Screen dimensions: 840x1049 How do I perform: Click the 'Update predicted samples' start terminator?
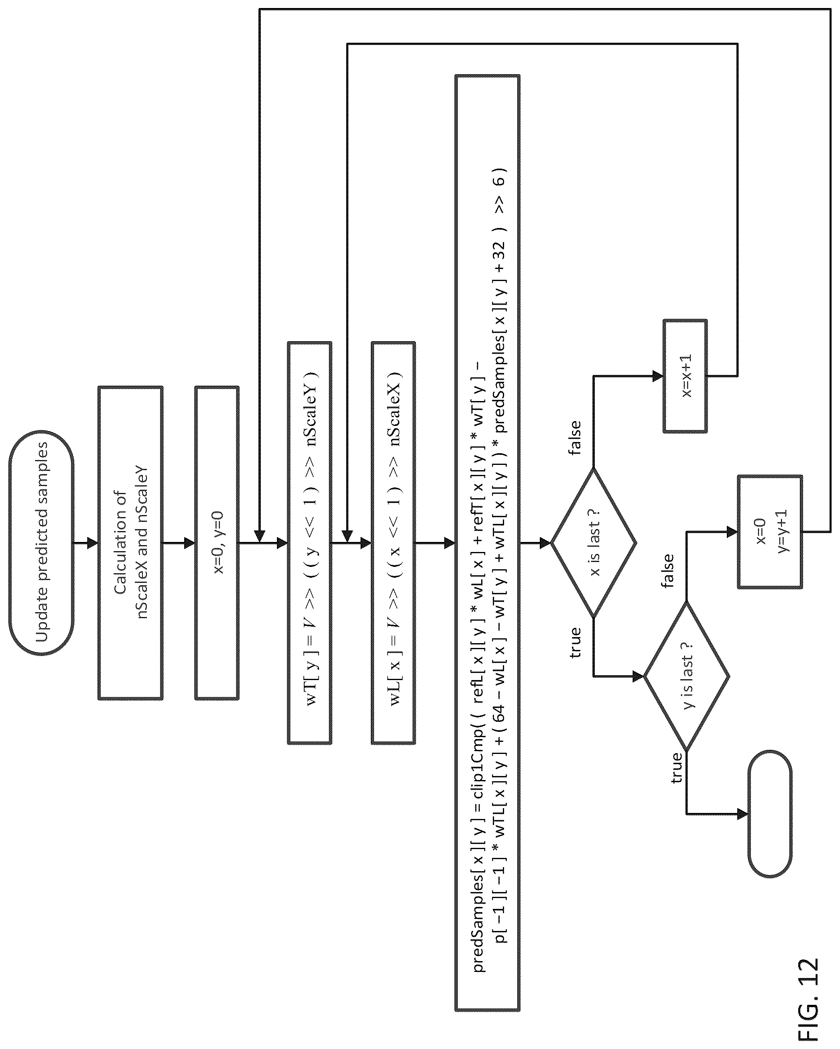click(41, 542)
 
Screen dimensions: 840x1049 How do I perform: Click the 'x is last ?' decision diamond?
click(594, 542)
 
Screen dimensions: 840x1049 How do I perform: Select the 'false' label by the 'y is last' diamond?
click(667, 571)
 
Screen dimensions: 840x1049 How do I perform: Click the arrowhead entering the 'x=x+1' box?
click(658, 376)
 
